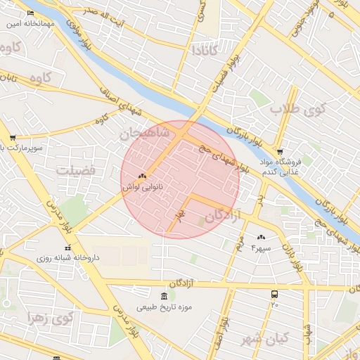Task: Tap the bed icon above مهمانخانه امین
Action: click(x=30, y=13)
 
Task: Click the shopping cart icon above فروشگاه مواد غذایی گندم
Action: click(x=281, y=152)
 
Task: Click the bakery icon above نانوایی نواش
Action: click(x=143, y=176)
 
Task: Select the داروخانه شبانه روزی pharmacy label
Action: click(x=68, y=258)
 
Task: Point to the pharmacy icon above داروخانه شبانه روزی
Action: click(x=68, y=247)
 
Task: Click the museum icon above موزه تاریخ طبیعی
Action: click(x=165, y=295)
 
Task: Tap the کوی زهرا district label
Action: click(x=51, y=318)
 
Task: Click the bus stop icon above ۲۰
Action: click(x=274, y=295)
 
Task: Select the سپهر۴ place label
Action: click(x=261, y=249)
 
